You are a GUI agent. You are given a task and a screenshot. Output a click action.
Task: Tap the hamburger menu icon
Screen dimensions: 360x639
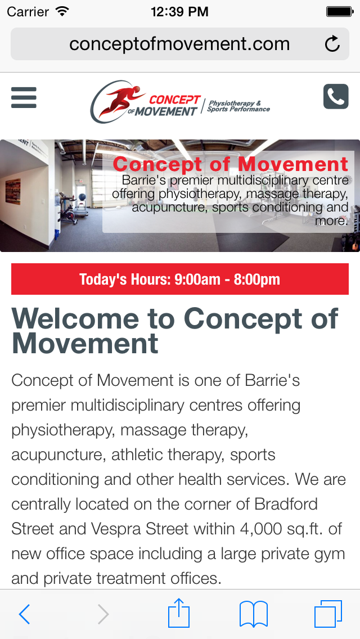pyautogui.click(x=24, y=97)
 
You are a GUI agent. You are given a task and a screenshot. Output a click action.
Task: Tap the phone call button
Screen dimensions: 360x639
pyautogui.click(x=336, y=97)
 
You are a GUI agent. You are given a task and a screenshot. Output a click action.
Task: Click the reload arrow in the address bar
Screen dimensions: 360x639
pyautogui.click(x=332, y=44)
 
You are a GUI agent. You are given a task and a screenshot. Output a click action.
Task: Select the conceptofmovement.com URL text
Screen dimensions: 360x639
pyautogui.click(x=179, y=44)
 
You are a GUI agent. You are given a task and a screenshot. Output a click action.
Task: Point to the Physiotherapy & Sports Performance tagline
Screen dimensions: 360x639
pyautogui.click(x=238, y=106)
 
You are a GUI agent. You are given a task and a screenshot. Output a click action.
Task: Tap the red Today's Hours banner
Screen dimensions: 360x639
pyautogui.click(x=180, y=279)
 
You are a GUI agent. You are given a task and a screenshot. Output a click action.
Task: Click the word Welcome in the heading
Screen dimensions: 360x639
pyautogui.click(x=75, y=319)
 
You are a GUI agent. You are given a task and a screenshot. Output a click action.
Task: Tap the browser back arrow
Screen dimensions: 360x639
pyautogui.click(x=24, y=614)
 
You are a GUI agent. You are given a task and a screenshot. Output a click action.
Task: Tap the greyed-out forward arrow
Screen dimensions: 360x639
pyautogui.click(x=103, y=614)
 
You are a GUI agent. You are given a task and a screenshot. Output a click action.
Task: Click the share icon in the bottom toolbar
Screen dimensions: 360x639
pyautogui.click(x=179, y=613)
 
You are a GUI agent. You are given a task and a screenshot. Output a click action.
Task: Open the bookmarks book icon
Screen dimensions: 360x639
pyautogui.click(x=254, y=614)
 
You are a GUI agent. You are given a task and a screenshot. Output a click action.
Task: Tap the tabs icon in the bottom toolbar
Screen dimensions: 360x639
pyautogui.click(x=328, y=614)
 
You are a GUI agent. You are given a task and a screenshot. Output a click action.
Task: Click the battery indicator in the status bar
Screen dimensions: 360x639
pyautogui.click(x=339, y=11)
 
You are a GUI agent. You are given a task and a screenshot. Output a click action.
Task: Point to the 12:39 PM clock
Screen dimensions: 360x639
pyautogui.click(x=179, y=12)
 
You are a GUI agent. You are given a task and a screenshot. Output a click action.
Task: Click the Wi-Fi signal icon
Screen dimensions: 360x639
pyautogui.click(x=62, y=11)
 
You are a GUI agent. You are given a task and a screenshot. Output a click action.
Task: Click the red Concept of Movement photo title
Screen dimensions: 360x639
pyautogui.click(x=231, y=164)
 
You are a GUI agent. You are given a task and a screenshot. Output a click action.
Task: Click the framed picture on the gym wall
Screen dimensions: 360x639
pyautogui.click(x=13, y=191)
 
